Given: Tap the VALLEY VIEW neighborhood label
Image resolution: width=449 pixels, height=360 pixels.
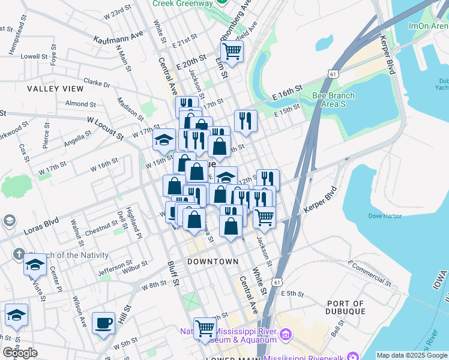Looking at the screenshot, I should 55,88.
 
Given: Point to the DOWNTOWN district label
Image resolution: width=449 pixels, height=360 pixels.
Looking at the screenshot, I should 212,262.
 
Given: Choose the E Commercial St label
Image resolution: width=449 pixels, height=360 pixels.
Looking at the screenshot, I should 369,272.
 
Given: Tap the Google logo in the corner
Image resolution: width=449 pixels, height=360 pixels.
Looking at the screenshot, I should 20,353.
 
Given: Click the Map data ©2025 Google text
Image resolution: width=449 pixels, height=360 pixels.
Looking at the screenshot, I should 412,355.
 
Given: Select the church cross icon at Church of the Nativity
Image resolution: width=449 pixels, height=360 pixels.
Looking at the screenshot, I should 18,254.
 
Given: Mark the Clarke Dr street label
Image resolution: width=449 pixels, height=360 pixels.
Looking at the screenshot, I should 97,82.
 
